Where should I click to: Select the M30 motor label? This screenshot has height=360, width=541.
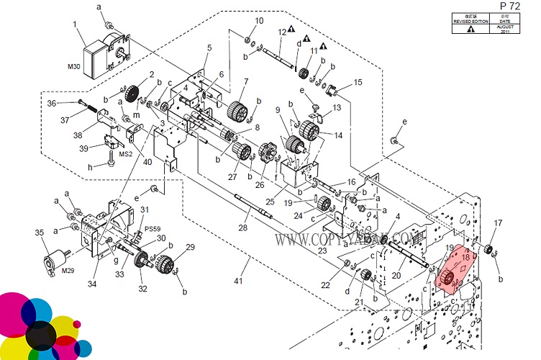coord(74,67)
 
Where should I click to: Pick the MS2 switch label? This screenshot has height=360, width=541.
coord(125,153)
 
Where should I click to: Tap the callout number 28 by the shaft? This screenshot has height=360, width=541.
coord(242,228)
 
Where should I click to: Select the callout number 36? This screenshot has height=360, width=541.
coord(51,103)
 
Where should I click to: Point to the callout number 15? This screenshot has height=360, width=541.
coord(358,82)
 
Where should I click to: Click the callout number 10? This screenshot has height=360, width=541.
coord(260,20)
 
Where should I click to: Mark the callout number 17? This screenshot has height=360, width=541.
coord(498,222)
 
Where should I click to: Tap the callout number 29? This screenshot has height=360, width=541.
coord(190,247)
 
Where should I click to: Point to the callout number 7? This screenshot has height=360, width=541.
coord(245,81)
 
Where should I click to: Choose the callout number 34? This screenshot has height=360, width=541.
coord(92,284)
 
